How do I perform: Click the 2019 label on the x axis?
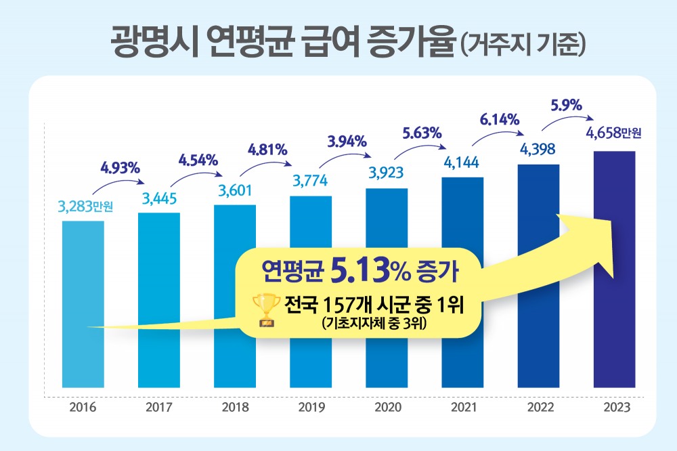[311, 408]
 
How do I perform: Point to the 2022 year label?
[538, 408]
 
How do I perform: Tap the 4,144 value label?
[462, 163]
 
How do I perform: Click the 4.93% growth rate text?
[119, 166]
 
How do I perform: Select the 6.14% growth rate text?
[499, 121]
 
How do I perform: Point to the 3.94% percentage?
[347, 142]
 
